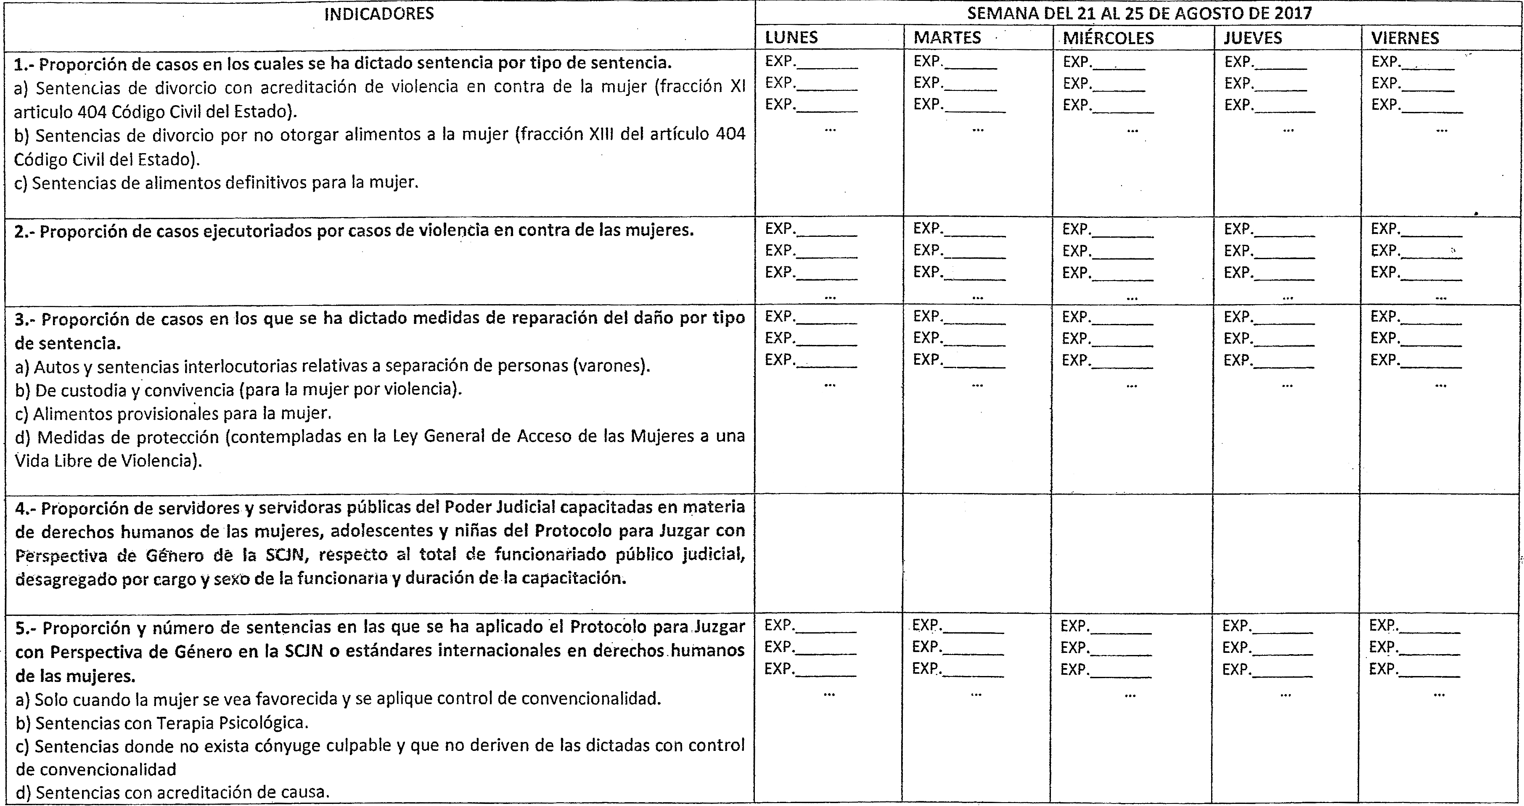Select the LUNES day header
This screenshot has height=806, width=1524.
coord(791,38)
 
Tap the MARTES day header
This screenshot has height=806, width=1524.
coord(947,38)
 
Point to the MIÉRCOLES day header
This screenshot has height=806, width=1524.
coord(1108,38)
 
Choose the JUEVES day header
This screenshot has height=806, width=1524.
coord(1252,38)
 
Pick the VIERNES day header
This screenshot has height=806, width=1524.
coord(1405,38)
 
